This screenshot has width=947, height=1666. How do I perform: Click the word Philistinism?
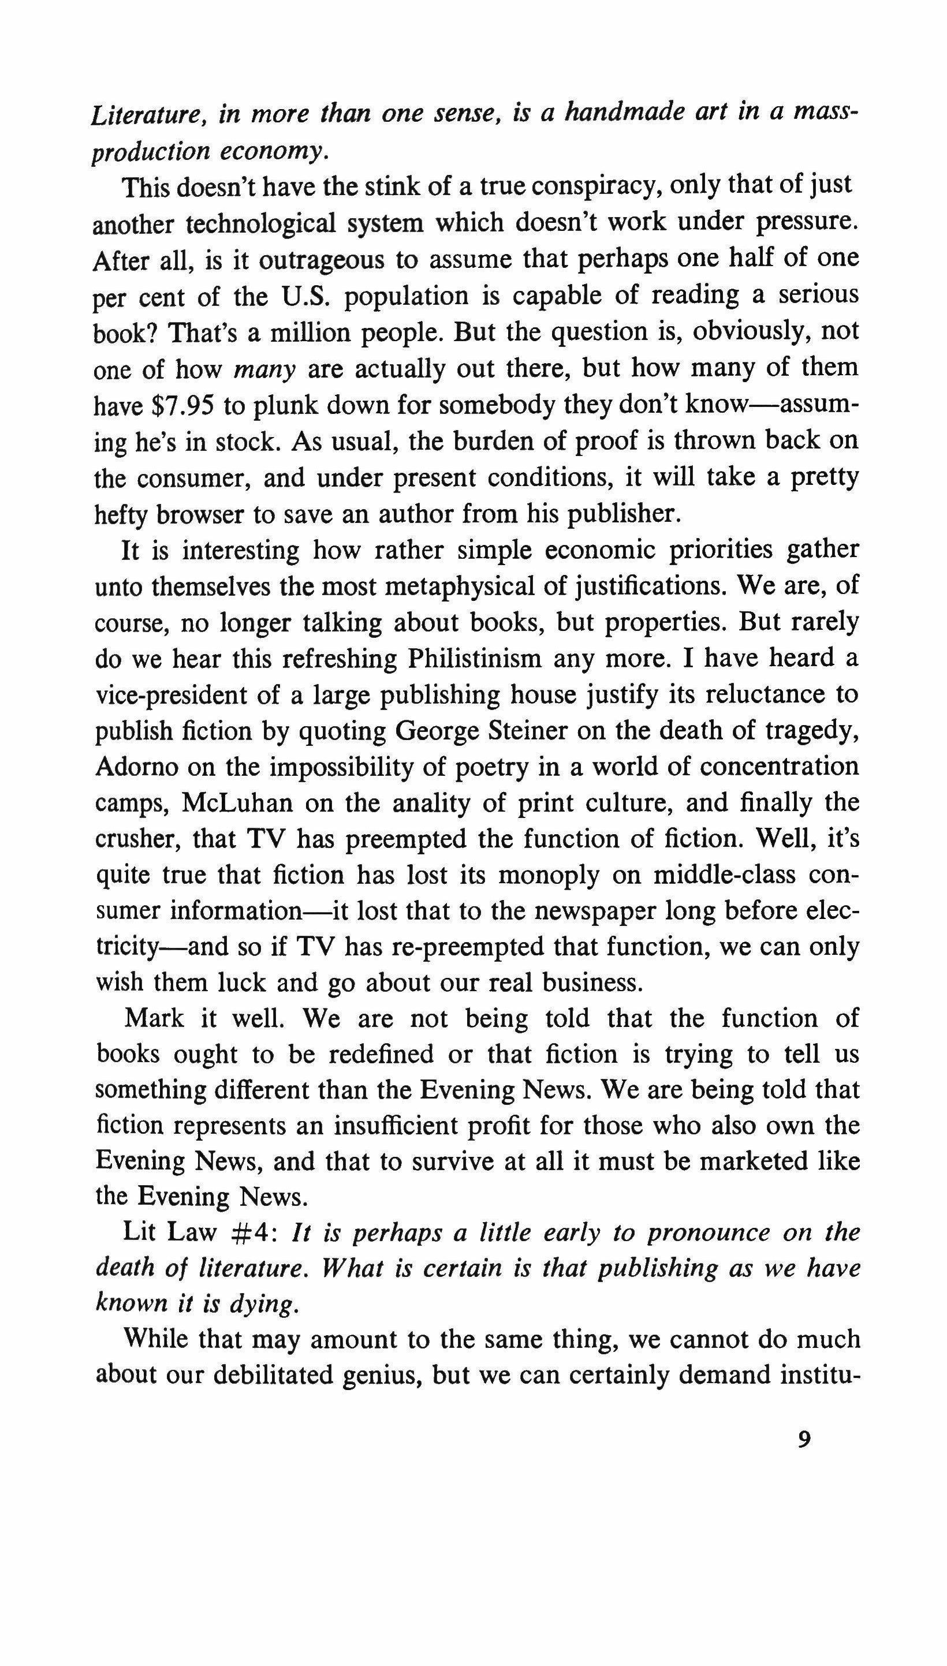(x=474, y=659)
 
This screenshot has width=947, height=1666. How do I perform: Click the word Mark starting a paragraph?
(x=154, y=1018)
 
